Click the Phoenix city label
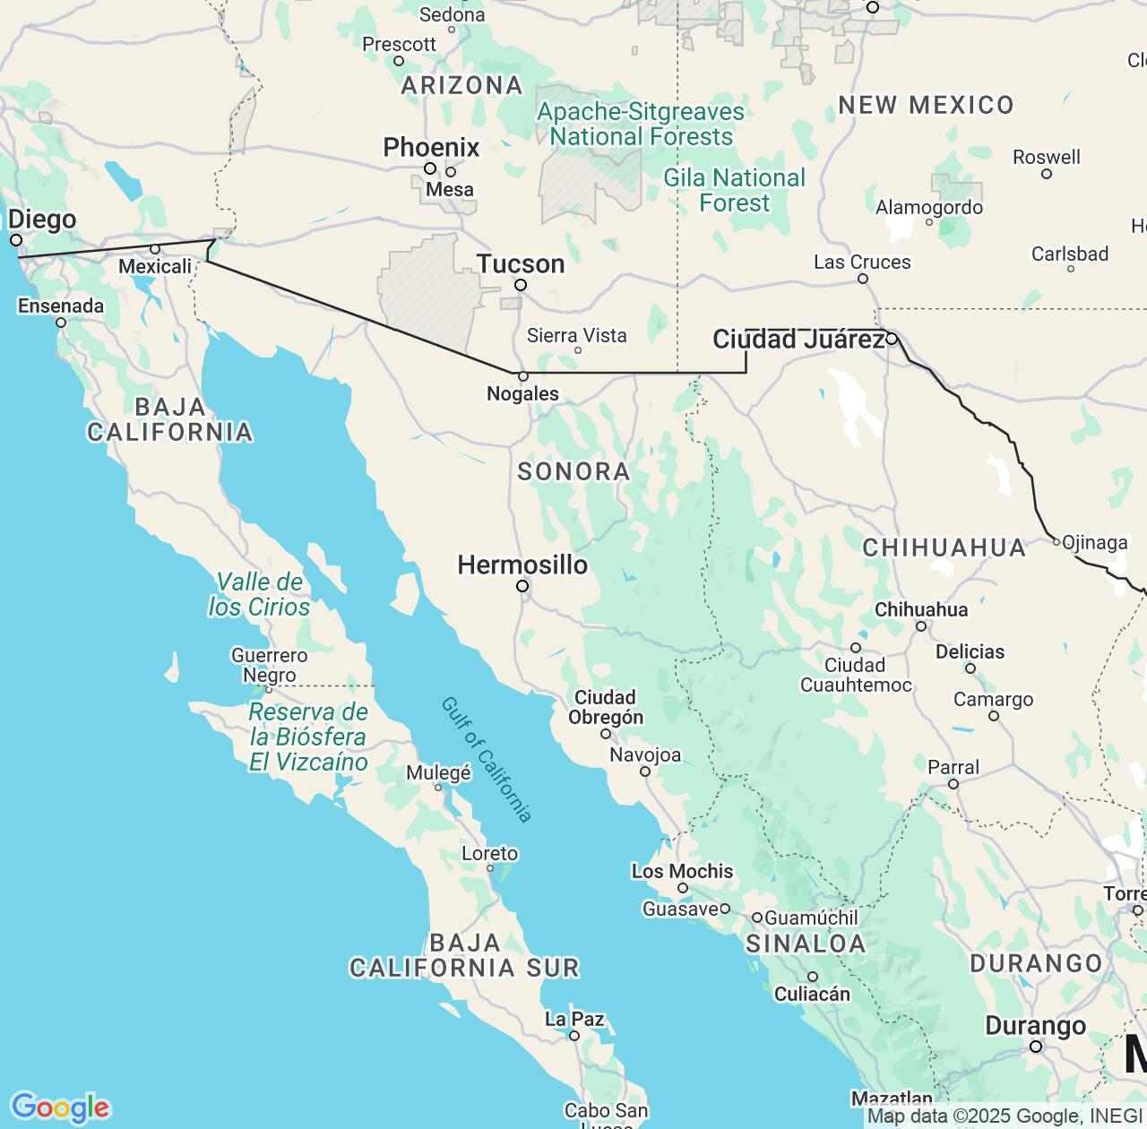(431, 147)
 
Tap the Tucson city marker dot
(521, 285)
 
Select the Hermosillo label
(522, 564)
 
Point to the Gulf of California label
(487, 759)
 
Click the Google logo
(60, 1107)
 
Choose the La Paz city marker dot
(574, 1036)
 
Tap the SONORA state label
(573, 471)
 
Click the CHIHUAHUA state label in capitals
(944, 547)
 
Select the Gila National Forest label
(734, 190)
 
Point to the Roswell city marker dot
(1047, 174)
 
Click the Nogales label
(522, 393)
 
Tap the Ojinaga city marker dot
(1056, 541)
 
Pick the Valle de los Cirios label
(259, 594)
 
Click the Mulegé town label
(438, 773)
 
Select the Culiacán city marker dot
(813, 977)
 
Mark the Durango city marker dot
(1036, 1047)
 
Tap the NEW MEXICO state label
(926, 105)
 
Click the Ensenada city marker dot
(61, 323)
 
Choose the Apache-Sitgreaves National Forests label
(641, 125)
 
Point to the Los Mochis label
(682, 871)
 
